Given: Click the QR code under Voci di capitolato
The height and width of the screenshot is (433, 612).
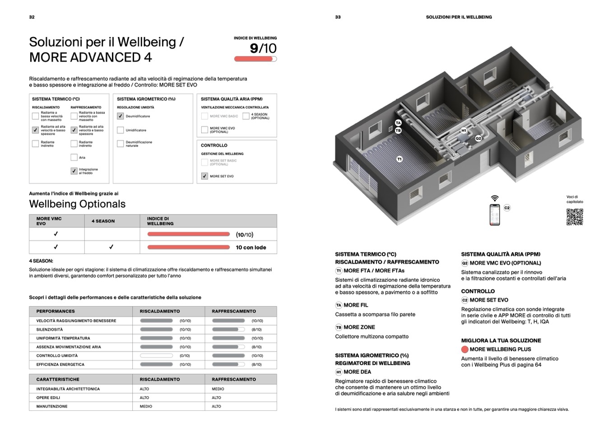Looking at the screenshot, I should tap(575, 217).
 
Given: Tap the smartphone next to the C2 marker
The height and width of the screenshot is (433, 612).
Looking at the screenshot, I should tap(495, 214).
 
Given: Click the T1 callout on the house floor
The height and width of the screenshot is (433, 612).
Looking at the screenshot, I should tap(399, 159).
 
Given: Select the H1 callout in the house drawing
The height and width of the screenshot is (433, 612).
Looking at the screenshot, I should tap(463, 130).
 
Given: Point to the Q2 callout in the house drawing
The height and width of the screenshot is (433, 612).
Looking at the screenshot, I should tap(478, 138).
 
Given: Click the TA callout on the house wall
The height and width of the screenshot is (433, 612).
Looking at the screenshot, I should tap(398, 123).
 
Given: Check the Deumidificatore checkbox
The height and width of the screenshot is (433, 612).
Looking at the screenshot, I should tap(121, 116).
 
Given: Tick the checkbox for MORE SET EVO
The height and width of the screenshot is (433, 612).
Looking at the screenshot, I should tap(204, 176).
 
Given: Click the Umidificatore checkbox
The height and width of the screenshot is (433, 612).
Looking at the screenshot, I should tap(121, 130).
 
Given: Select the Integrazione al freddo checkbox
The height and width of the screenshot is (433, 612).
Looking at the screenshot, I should tap(74, 171).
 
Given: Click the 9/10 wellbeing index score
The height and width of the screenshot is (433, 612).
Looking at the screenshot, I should tap(263, 48).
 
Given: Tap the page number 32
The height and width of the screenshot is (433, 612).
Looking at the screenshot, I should tap(32, 17).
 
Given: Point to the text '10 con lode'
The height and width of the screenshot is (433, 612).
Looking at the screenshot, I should tap(251, 247).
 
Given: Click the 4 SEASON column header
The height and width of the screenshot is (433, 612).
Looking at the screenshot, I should tap(103, 221).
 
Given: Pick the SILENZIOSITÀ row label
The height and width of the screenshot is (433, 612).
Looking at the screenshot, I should tap(50, 330).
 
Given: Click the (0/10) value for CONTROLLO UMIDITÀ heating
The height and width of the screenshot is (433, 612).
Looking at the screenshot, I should tap(185, 356).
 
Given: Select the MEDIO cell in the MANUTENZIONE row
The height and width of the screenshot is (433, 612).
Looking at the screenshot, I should tap(146, 406).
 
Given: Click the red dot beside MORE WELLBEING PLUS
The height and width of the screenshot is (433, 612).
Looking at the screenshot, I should tap(464, 349).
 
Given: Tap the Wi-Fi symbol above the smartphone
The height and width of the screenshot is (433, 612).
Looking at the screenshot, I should tap(495, 198).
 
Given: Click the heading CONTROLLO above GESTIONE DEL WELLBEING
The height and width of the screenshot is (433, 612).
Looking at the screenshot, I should tap(214, 145).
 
